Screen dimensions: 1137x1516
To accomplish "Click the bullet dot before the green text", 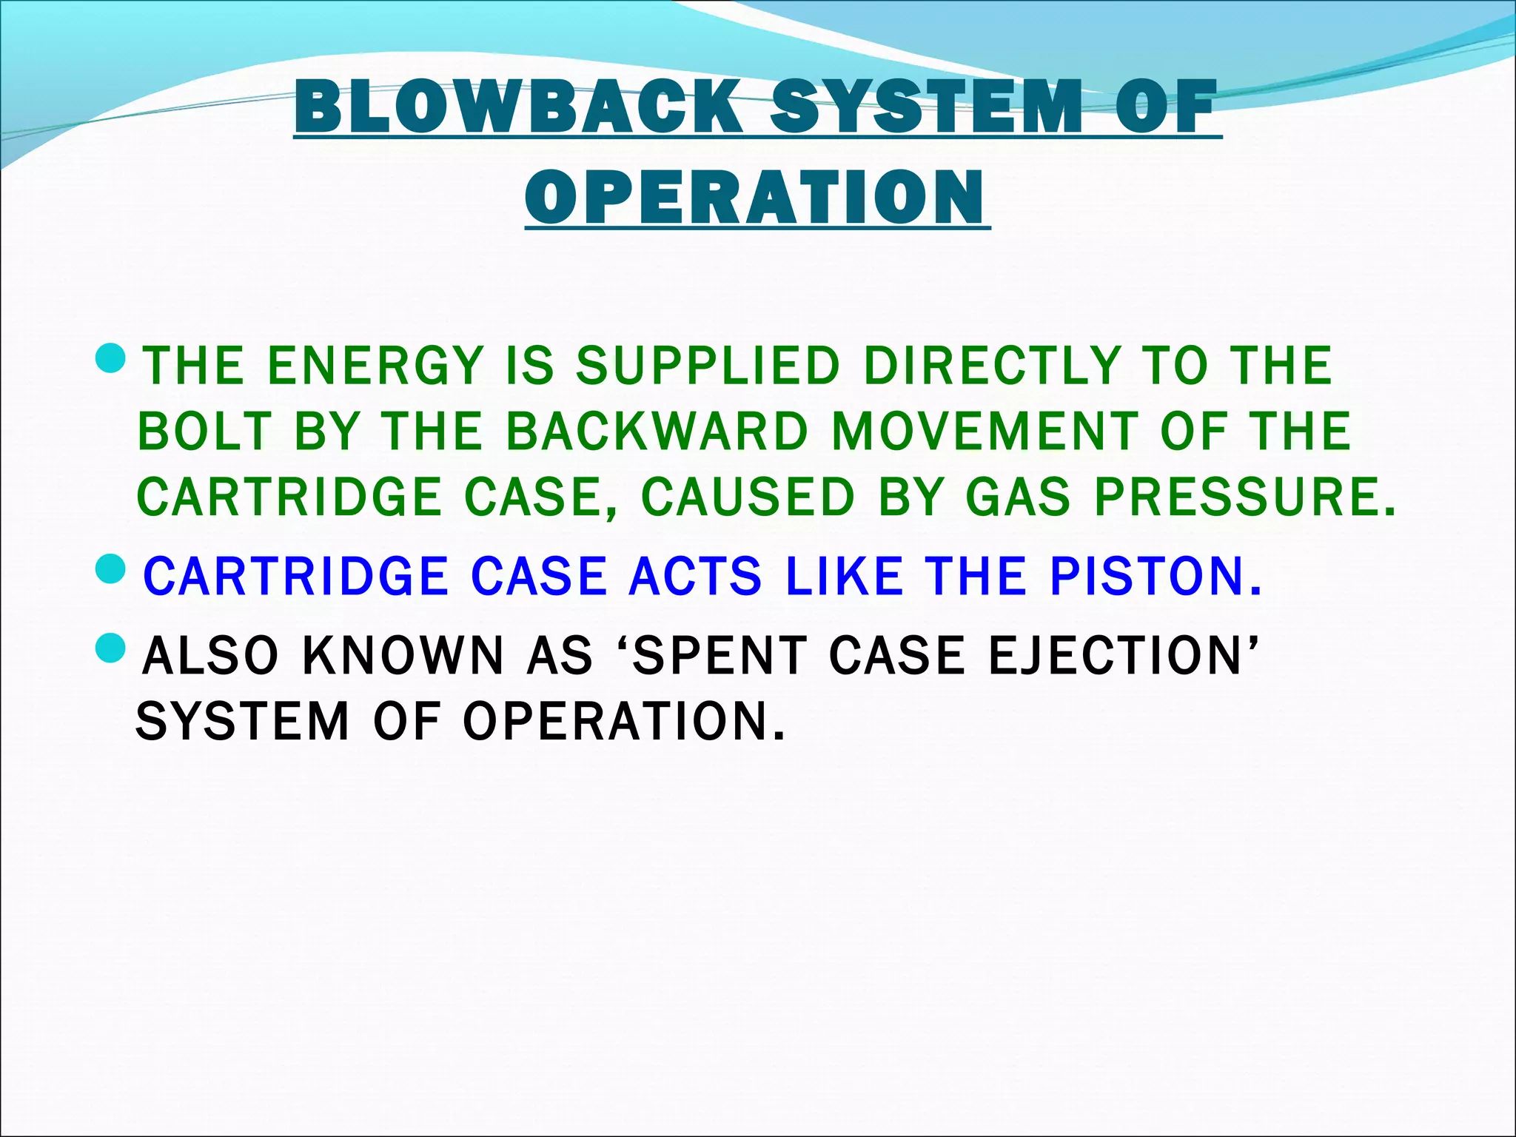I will click(x=113, y=359).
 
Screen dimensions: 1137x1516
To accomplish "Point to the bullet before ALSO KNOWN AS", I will click(x=113, y=648).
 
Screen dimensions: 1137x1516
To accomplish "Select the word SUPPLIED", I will click(x=708, y=366).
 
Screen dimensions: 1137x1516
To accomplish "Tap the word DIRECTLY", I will click(x=992, y=366).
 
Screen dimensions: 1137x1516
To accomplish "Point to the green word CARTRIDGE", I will click(x=289, y=497).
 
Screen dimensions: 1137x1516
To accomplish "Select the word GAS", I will click(x=1018, y=497).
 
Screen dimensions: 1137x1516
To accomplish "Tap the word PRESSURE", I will click(x=1244, y=497).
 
